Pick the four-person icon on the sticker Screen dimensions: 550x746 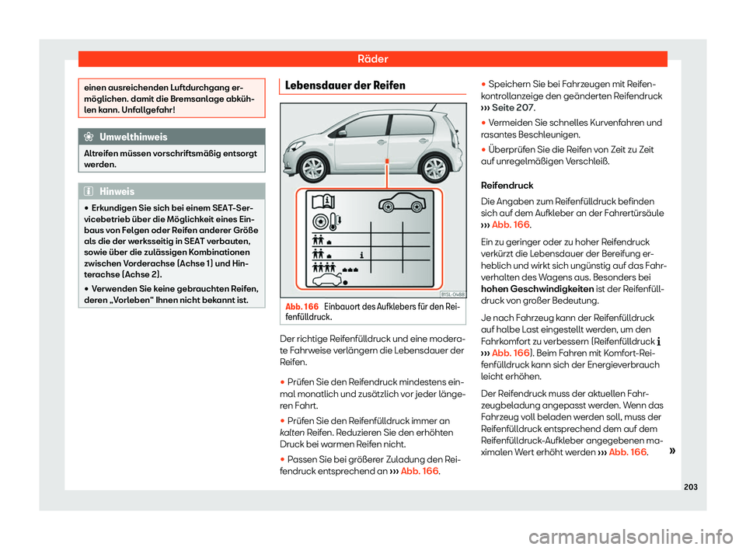click(326, 266)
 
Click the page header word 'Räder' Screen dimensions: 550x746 click(372, 58)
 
